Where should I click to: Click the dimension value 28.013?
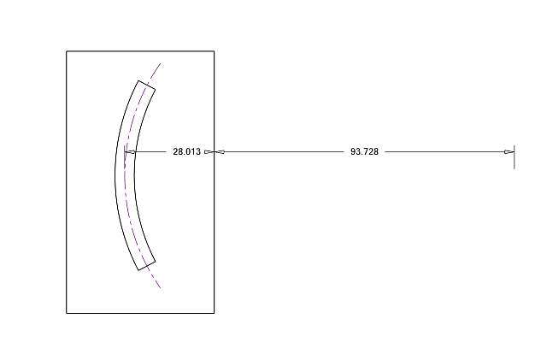186,151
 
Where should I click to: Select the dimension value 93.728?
364,151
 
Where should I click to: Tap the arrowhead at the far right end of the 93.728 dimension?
509,151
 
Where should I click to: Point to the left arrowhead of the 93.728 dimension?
220,151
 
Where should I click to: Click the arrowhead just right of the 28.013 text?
209,151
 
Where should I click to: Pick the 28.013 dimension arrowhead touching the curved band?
130,151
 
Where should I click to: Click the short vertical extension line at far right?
515,156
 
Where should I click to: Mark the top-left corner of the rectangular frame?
67,51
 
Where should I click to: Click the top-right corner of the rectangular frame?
215,51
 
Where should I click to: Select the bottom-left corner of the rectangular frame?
67,313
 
